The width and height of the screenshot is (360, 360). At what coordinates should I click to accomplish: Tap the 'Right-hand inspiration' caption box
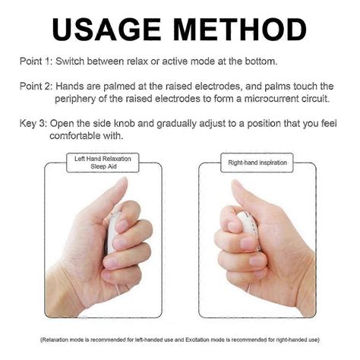(x=256, y=163)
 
